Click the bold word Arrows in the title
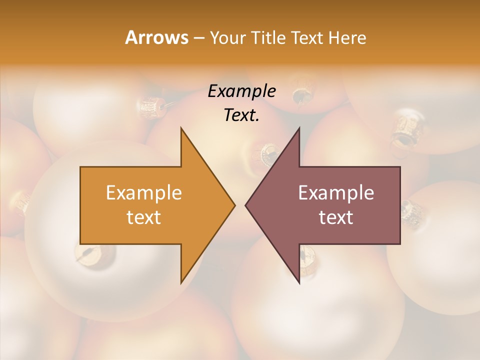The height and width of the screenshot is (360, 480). pos(156,37)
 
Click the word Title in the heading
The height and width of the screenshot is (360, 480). pos(268,37)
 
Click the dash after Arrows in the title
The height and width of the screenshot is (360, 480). pos(198,38)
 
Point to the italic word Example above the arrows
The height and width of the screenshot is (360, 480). pos(241,91)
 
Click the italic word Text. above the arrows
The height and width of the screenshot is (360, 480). pos(241,115)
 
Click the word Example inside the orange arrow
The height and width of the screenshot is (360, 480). pos(144,192)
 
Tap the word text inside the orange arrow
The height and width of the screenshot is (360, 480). pos(144,217)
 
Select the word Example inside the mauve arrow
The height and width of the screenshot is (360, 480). pos(336,192)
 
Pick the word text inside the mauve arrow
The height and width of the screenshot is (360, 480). pos(336,217)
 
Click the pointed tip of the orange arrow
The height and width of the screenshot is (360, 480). pos(234,205)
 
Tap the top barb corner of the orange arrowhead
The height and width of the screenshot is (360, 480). pos(181,128)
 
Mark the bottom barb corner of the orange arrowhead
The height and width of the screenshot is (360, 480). pos(181,282)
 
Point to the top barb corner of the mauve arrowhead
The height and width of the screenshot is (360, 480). pos(299,128)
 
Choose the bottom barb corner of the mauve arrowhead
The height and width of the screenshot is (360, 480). pos(299,282)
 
